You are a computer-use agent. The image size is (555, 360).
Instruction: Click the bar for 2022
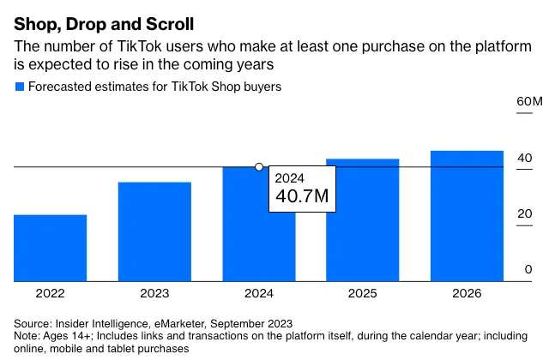click(50, 248)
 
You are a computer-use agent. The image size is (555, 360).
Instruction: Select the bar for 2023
click(154, 231)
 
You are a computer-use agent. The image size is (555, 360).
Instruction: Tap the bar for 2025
click(362, 219)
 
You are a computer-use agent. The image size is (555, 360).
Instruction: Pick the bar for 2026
click(467, 215)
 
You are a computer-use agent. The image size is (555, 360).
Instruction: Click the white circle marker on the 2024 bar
click(259, 167)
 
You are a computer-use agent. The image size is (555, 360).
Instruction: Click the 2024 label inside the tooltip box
click(290, 178)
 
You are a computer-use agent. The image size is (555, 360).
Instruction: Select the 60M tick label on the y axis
click(529, 102)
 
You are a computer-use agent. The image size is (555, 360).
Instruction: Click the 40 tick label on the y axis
click(524, 158)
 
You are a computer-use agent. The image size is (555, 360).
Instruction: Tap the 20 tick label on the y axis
click(524, 213)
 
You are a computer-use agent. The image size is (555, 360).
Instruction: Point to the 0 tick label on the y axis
click(528, 269)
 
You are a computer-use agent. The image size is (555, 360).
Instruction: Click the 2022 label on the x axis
click(50, 293)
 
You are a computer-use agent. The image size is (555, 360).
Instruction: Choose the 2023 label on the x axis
click(154, 293)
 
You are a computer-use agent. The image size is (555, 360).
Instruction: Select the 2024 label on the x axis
click(258, 293)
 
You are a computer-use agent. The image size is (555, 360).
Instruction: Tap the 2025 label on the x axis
click(362, 293)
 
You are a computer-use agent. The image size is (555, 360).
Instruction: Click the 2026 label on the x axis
click(467, 293)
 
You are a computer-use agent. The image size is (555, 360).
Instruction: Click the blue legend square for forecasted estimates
click(19, 87)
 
